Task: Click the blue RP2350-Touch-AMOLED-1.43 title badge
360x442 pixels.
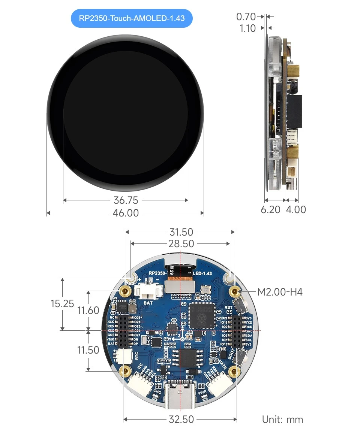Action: pyautogui.click(x=132, y=18)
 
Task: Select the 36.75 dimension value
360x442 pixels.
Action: pyautogui.click(x=126, y=200)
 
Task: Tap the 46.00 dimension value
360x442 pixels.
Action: pyautogui.click(x=126, y=213)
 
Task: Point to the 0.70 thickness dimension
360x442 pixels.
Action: pyautogui.click(x=246, y=16)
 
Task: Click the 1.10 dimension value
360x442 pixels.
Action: pyautogui.click(x=247, y=28)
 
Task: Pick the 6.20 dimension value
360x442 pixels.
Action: pyautogui.click(x=270, y=209)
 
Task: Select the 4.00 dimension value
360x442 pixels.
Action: pyautogui.click(x=296, y=209)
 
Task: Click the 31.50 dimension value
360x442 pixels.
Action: pyautogui.click(x=181, y=232)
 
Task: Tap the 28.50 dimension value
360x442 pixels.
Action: pyautogui.click(x=181, y=244)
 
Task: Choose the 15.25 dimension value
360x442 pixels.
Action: pyautogui.click(x=62, y=303)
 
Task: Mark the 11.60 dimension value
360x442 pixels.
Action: pyautogui.click(x=88, y=310)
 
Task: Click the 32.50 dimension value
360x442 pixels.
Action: pyautogui.click(x=181, y=419)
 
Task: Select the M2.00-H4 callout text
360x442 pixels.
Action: pyautogui.click(x=280, y=291)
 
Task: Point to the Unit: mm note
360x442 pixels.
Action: pyautogui.click(x=282, y=420)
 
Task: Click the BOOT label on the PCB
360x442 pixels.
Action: pyautogui.click(x=231, y=354)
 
